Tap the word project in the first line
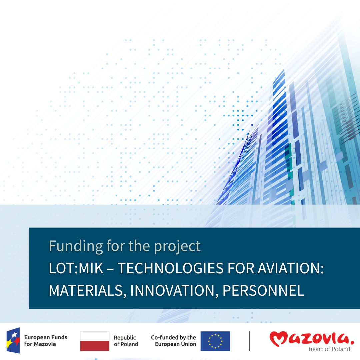[177, 247]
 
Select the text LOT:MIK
[76, 268]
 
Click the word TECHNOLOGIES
[171, 268]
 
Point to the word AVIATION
[291, 268]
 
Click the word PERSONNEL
[263, 290]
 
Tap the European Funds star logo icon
[13, 340]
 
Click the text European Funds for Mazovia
[46, 340]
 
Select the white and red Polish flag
[95, 341]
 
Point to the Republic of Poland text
[126, 341]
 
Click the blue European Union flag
[215, 341]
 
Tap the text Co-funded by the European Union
[174, 341]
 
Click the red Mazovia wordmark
[312, 338]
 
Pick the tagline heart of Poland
[329, 349]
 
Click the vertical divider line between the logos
[250, 341]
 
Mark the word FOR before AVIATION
[241, 268]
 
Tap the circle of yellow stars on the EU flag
[215, 341]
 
